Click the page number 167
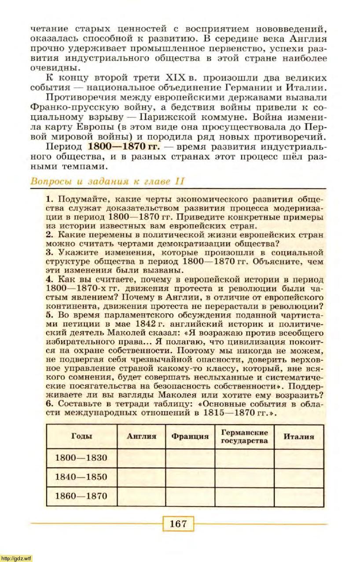point(178,524)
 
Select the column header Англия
point(141,437)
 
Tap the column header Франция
point(190,437)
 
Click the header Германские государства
point(244,437)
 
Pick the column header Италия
point(298,437)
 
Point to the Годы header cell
point(81,437)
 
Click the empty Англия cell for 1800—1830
point(141,458)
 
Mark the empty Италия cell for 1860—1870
point(298,496)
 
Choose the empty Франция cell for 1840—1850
point(190,477)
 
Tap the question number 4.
point(49,280)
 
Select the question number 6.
point(49,404)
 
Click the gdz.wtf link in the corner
point(16,558)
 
